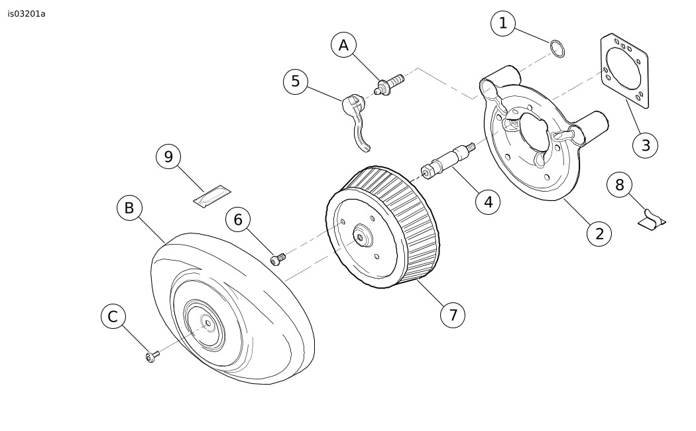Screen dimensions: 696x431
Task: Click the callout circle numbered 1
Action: pos(503,23)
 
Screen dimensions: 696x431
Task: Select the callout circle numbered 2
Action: pos(599,233)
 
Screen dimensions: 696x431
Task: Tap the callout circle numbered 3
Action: pos(646,145)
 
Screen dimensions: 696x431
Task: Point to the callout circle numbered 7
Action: pos(453,315)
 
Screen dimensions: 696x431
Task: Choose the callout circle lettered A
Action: pos(343,45)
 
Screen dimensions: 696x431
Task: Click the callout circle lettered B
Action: pos(129,208)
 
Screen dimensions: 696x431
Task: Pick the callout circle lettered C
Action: pos(113,316)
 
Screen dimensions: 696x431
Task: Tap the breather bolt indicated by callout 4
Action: pos(447,160)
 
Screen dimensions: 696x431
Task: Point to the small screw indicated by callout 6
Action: pos(278,259)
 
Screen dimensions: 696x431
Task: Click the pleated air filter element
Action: pos(383,227)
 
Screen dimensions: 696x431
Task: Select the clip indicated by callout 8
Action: pos(652,220)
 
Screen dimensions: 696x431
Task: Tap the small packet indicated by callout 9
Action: pos(212,196)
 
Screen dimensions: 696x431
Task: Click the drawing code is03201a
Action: pos(27,14)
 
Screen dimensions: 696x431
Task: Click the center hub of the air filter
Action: pos(362,237)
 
